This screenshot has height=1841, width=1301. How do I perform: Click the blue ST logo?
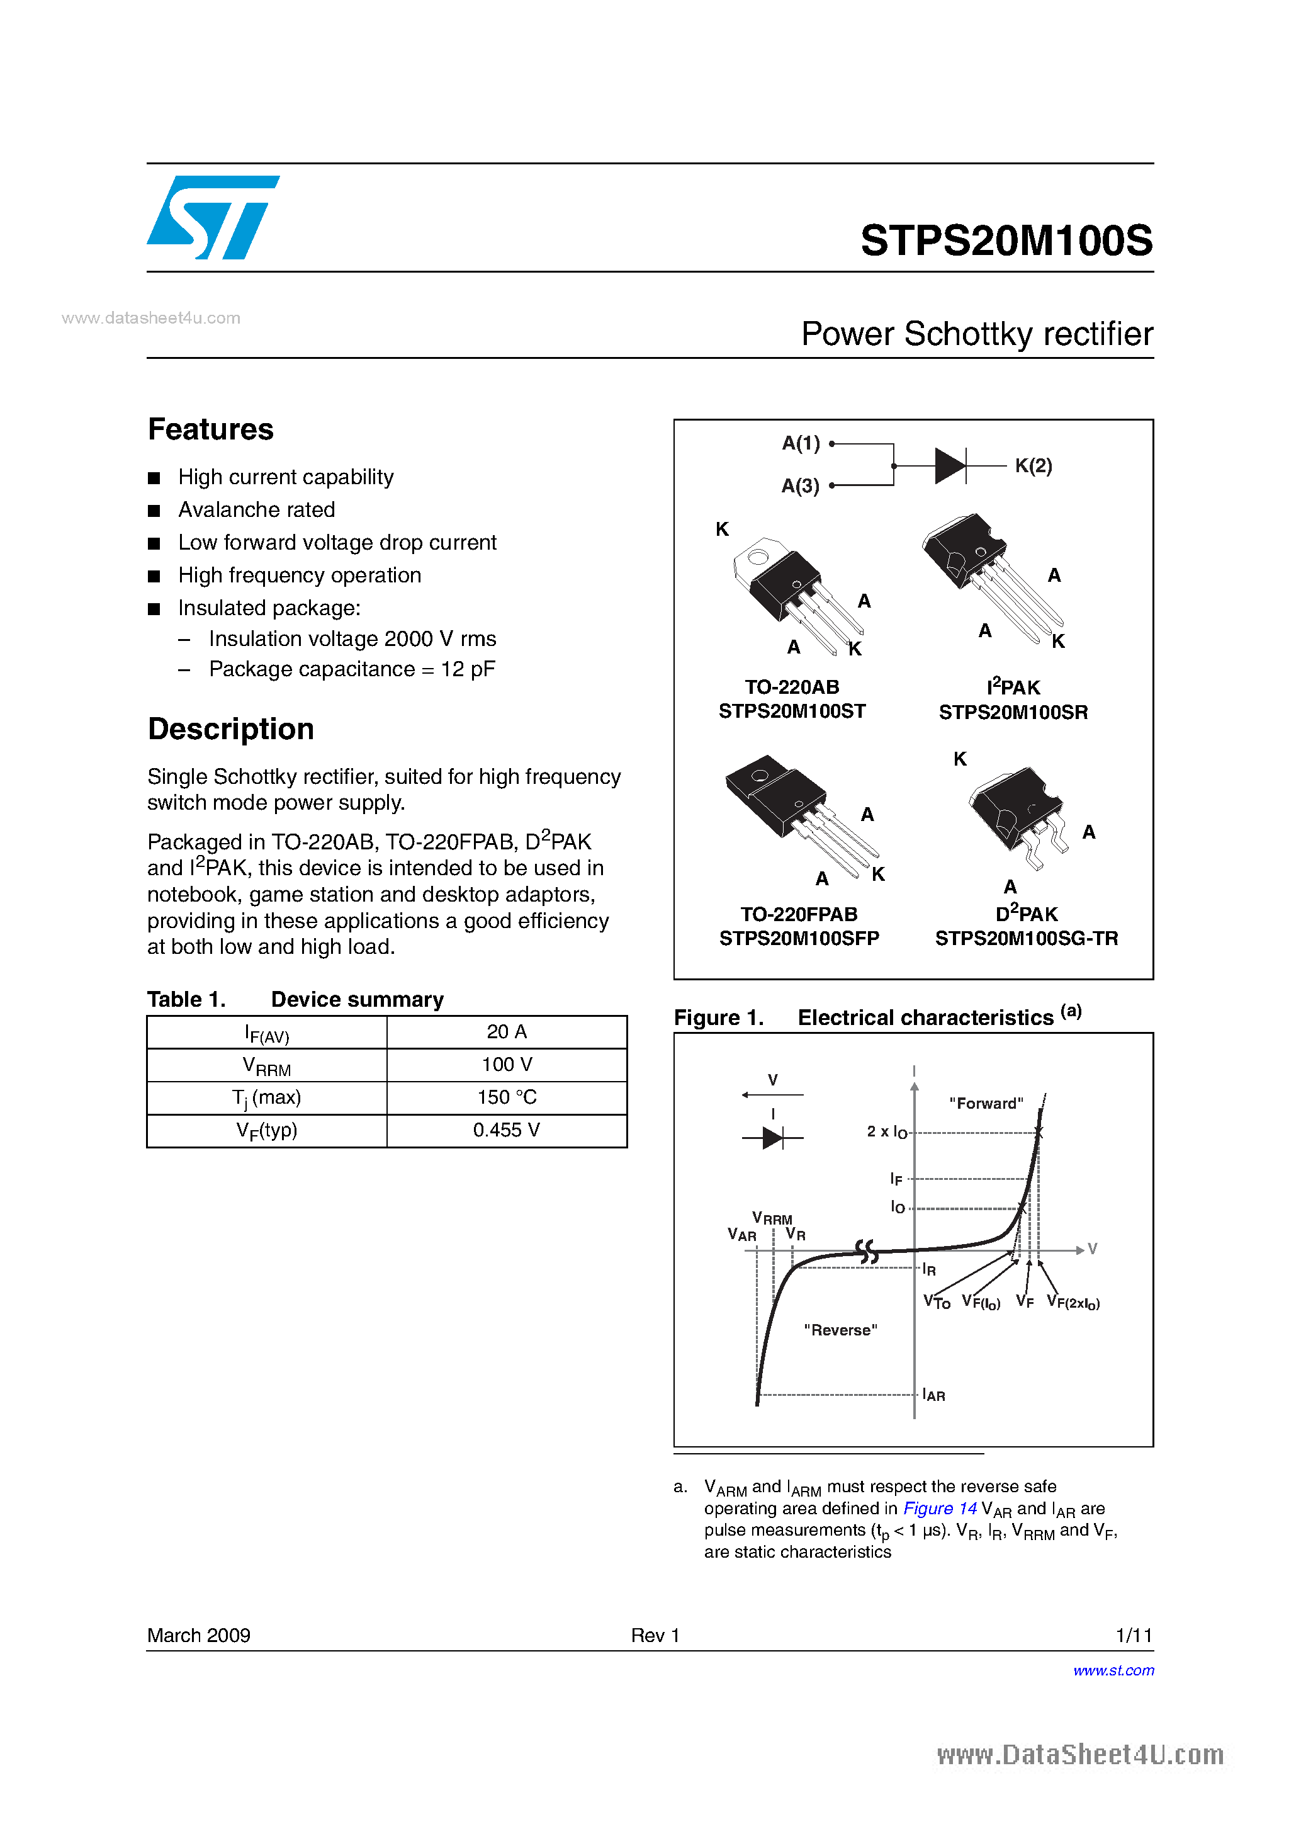click(x=212, y=217)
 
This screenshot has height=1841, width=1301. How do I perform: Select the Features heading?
click(x=211, y=430)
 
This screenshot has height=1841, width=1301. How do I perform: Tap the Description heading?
click(x=231, y=729)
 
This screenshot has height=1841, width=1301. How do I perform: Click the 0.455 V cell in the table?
click(x=506, y=1131)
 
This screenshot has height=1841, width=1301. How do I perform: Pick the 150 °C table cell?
click(x=506, y=1097)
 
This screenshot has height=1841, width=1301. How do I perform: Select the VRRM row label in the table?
click(x=266, y=1066)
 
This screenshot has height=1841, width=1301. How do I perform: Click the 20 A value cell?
click(x=506, y=1032)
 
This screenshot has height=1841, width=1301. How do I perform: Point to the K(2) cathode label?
click(x=1033, y=466)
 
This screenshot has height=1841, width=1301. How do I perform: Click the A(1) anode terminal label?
click(x=801, y=443)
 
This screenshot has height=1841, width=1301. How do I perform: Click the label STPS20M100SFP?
click(x=799, y=939)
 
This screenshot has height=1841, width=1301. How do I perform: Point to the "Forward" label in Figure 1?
click(x=986, y=1103)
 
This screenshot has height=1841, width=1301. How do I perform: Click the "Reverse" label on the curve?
click(x=840, y=1330)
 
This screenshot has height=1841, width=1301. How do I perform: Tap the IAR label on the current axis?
click(x=934, y=1395)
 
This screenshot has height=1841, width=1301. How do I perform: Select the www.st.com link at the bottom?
click(x=1113, y=1670)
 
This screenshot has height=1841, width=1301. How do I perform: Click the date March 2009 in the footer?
click(x=199, y=1635)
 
